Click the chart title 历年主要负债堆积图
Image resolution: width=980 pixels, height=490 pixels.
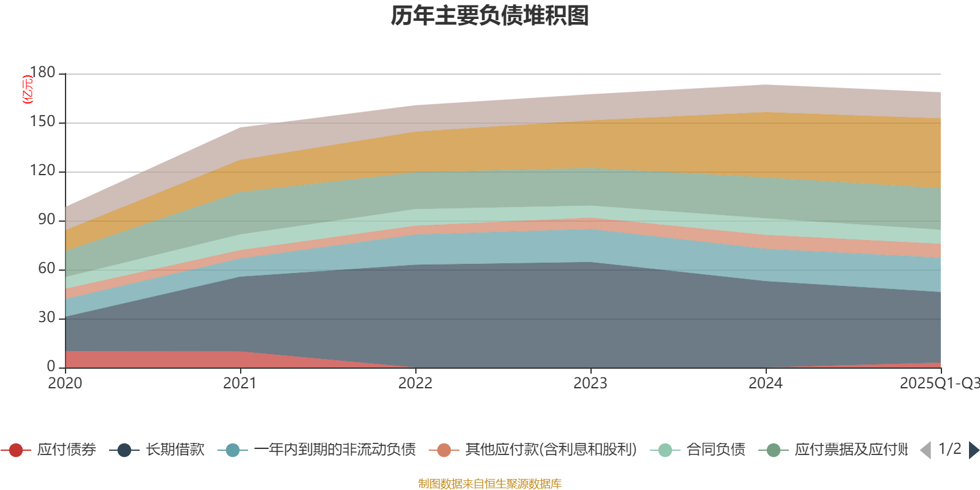point(490,16)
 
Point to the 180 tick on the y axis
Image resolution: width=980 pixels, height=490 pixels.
point(42,73)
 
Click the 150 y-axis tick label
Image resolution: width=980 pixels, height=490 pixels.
point(42,122)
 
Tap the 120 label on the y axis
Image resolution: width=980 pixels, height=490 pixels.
point(42,171)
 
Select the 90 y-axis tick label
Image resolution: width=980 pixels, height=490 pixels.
point(47,220)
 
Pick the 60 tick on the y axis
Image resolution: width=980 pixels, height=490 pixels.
point(47,269)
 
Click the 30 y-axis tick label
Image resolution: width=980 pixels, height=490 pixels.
point(47,318)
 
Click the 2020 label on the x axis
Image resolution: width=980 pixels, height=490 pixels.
point(65,383)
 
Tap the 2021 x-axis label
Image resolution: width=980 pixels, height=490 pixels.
point(240,383)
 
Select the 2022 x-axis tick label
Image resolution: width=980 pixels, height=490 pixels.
point(415,383)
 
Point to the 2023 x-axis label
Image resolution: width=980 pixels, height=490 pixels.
point(590,383)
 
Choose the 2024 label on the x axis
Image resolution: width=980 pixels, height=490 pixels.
point(766,383)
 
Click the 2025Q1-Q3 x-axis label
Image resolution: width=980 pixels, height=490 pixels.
point(938,383)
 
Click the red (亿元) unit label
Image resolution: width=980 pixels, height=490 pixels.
point(28,89)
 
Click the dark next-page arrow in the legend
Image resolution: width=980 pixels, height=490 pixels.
point(974,450)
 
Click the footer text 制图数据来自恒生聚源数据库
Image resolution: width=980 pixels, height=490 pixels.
point(490,484)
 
